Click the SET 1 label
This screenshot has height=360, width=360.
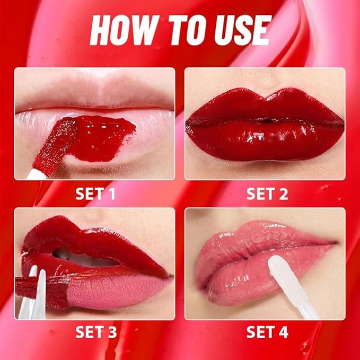pyautogui.click(x=95, y=194)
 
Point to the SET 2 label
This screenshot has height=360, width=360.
pyautogui.click(x=267, y=194)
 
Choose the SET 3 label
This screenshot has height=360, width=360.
pyautogui.click(x=95, y=332)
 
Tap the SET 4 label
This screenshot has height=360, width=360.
pyautogui.click(x=267, y=332)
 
